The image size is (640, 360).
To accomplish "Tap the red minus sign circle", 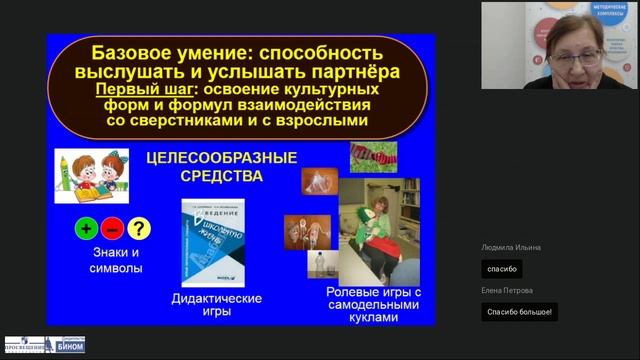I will [x=113, y=228].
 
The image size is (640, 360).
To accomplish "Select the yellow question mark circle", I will [x=138, y=228].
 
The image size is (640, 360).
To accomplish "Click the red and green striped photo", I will [x=373, y=157].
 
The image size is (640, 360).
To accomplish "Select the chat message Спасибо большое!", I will [x=519, y=312].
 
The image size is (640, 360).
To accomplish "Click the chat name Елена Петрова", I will [x=507, y=291].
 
